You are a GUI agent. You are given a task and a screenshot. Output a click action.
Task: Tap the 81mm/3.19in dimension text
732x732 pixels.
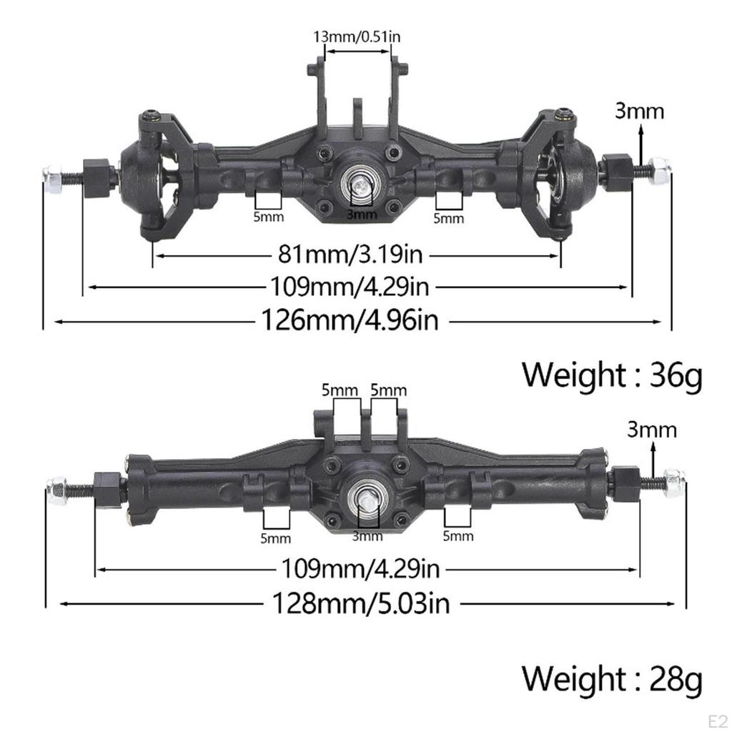[x=357, y=254]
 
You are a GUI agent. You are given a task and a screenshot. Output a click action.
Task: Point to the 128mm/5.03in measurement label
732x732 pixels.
[x=361, y=603]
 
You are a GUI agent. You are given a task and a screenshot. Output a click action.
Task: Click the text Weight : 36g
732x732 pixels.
[x=612, y=375]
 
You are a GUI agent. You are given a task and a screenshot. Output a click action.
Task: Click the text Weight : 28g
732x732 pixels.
[x=612, y=678]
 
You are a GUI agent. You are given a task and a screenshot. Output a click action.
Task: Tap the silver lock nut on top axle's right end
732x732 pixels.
[x=660, y=172]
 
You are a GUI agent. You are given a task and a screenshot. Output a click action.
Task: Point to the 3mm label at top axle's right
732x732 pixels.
[x=640, y=111]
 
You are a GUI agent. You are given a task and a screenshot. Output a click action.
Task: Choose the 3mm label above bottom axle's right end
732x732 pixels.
[x=651, y=430]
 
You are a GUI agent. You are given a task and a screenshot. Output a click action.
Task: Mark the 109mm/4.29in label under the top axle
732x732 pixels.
[x=350, y=287]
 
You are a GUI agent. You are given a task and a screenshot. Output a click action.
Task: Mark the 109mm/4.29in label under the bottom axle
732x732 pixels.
[x=360, y=569]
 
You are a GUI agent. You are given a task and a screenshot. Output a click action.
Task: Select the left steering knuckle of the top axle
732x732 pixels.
[x=154, y=179]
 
